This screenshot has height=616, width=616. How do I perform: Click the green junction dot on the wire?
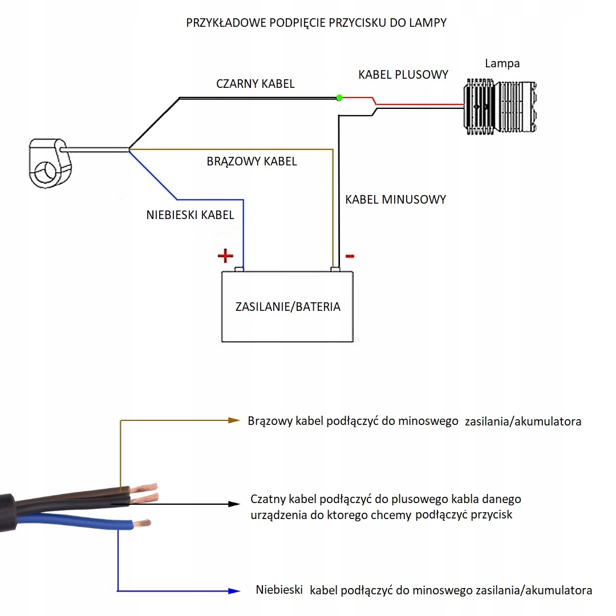point(339,98)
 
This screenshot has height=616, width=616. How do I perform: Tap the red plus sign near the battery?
point(225,256)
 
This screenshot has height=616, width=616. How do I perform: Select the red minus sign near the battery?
point(350,256)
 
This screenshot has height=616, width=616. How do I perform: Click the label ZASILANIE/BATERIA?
point(287,307)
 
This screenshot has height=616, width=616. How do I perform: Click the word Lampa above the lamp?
point(502,63)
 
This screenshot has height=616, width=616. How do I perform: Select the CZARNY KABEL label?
point(256,84)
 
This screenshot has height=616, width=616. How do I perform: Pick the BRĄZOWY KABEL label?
point(252,161)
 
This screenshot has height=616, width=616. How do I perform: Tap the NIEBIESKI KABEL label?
point(190,215)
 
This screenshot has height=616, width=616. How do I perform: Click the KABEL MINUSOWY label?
point(395,200)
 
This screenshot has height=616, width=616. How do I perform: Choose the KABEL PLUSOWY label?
point(403,75)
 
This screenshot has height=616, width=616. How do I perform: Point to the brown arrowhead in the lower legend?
point(233,420)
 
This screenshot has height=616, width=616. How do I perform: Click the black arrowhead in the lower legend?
point(233,504)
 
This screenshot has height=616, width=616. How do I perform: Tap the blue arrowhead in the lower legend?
point(233,591)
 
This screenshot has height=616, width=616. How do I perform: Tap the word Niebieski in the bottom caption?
point(279,590)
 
